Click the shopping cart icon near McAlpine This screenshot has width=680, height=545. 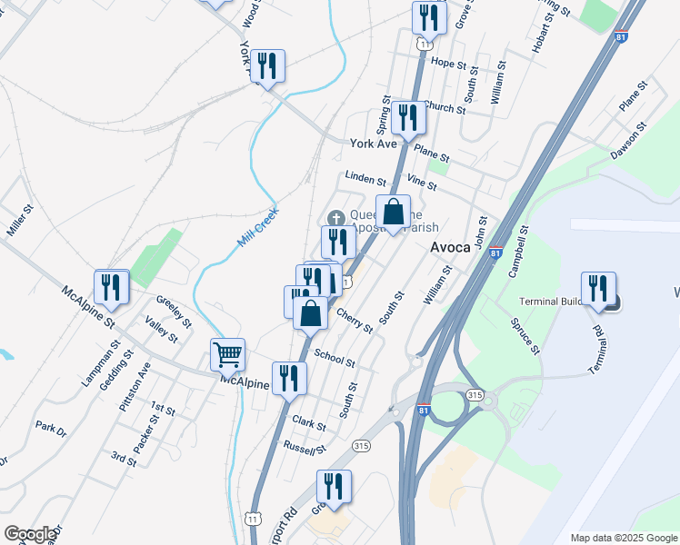[x=227, y=354]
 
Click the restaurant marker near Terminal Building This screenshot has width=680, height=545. [x=598, y=288]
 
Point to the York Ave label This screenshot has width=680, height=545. [x=374, y=144]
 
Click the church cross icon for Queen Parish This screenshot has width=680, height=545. [x=335, y=217]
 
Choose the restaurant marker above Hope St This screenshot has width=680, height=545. [x=428, y=18]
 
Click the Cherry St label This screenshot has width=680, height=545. [x=355, y=319]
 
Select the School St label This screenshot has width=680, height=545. [x=335, y=356]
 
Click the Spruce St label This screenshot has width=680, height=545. [x=526, y=335]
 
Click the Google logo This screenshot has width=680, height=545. [x=30, y=534]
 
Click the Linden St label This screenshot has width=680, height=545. [x=365, y=178]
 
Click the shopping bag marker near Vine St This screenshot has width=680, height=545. [x=393, y=213]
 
